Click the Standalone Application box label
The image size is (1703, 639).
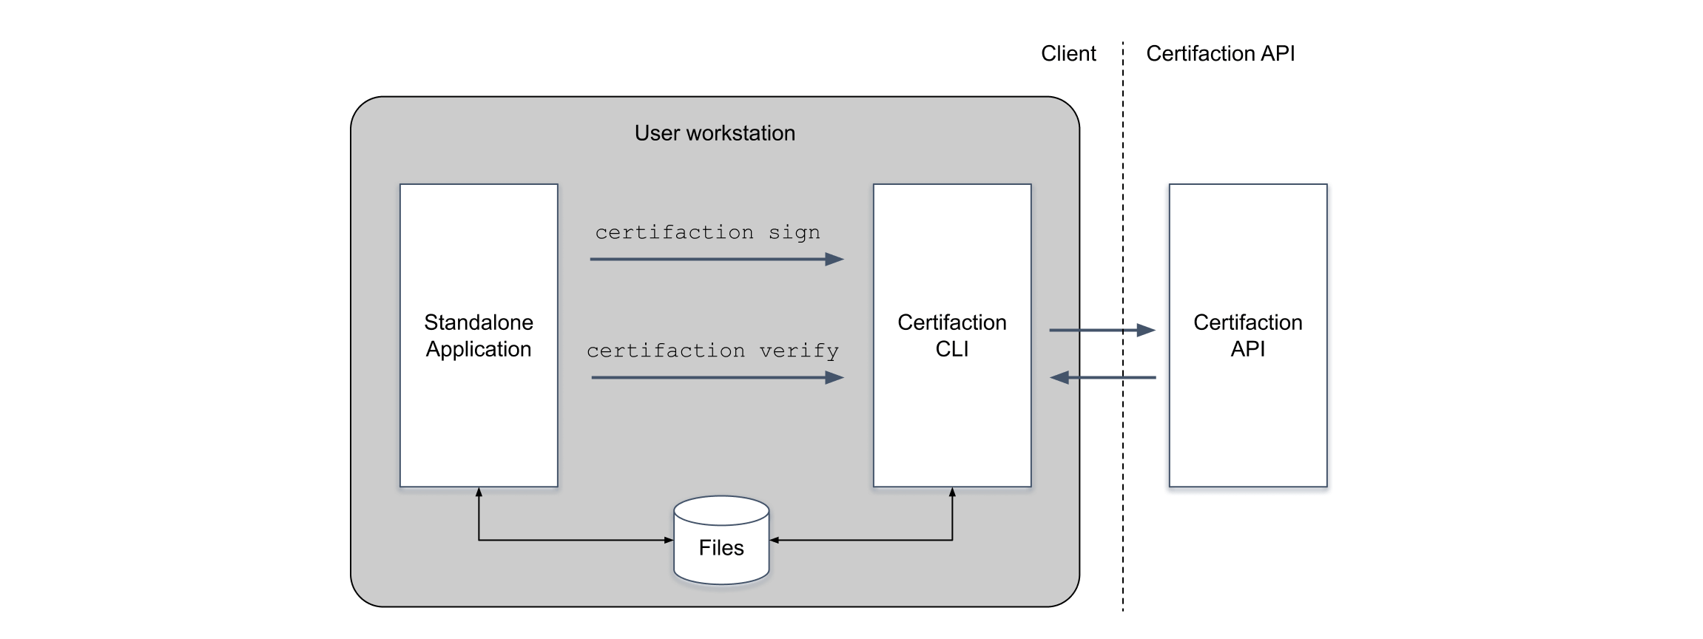pos(479,336)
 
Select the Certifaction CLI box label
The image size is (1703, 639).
pos(951,336)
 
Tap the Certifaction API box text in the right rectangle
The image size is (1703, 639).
pos(1247,336)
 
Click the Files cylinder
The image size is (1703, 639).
pos(721,541)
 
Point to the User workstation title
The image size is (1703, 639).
pos(715,133)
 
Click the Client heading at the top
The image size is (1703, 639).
pos(1068,54)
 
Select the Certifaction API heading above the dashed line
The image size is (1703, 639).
pos(1220,54)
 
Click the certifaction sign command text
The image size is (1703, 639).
pos(707,232)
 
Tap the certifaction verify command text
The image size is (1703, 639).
pos(712,351)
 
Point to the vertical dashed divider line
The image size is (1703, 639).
pos(1123,481)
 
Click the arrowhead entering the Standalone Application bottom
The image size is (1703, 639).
pos(479,493)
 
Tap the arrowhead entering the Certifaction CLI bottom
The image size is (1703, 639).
pos(952,493)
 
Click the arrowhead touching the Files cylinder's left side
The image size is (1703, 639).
pos(668,541)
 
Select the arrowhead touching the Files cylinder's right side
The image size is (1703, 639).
pos(775,541)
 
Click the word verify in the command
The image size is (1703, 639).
pos(799,351)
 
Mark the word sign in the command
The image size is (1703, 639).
pos(794,233)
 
